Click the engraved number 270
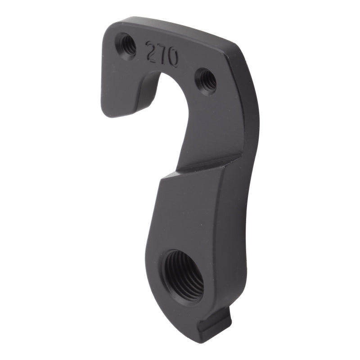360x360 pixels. [162, 54]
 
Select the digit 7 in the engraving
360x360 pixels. [161, 54]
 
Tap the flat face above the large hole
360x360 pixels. [189, 211]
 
